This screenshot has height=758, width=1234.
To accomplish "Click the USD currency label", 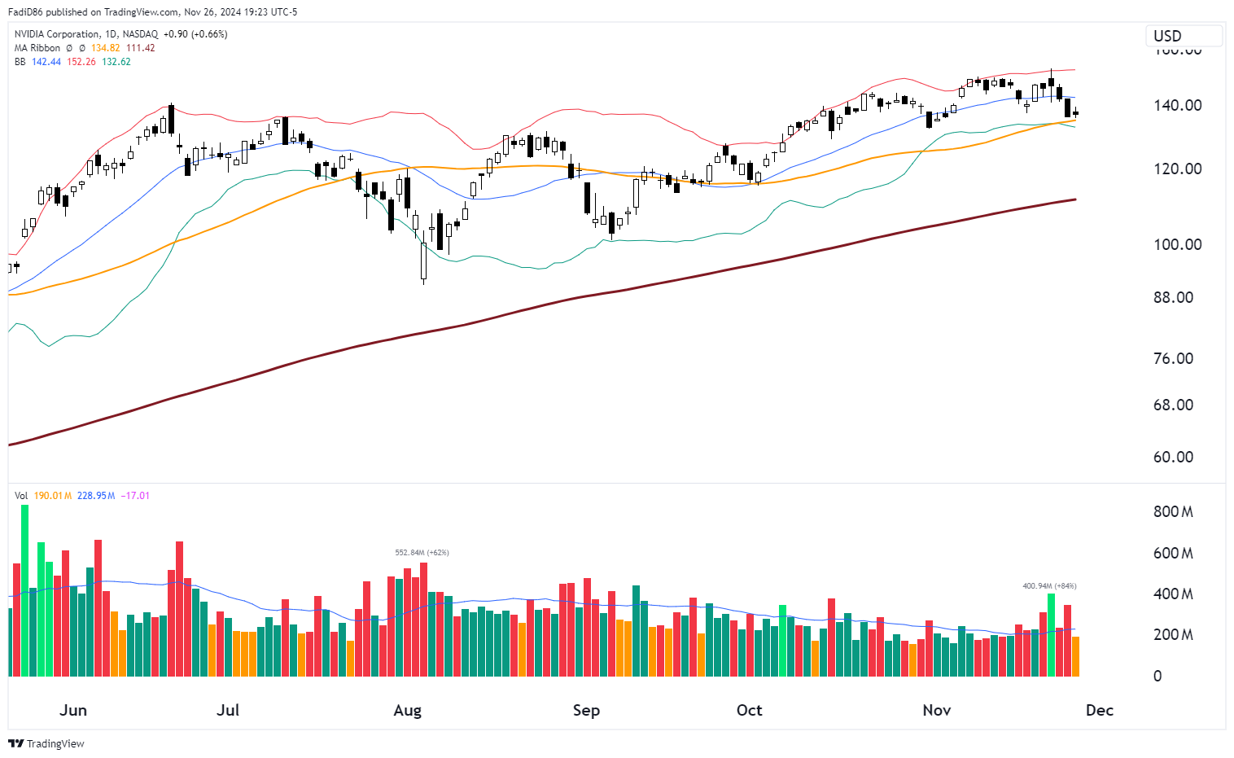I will [1167, 36].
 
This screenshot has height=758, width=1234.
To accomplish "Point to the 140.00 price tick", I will [1177, 105].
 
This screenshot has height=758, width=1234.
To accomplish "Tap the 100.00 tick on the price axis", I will [1177, 244].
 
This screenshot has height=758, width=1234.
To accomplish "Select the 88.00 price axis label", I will [1173, 297].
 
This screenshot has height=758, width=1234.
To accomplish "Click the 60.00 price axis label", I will [1173, 457].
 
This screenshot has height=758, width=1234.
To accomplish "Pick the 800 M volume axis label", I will [1173, 511].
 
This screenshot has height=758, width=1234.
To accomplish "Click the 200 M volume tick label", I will [1173, 634].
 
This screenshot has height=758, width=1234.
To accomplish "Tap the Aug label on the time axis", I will [407, 710].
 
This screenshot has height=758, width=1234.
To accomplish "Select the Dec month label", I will [1099, 710].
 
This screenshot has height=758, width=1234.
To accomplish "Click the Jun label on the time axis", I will [73, 710].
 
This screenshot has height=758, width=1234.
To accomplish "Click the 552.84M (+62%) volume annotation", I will [422, 553].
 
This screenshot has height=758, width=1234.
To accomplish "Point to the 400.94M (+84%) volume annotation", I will [1049, 586].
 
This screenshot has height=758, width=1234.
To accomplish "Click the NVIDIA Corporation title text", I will [56, 34].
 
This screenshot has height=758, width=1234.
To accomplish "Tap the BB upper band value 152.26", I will [81, 62].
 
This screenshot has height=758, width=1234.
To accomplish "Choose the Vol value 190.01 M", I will [53, 496].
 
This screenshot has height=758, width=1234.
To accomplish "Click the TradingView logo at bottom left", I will [46, 743].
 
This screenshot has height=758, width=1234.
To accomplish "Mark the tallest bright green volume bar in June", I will [24, 590].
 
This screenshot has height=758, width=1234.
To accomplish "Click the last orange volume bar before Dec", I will [1075, 656].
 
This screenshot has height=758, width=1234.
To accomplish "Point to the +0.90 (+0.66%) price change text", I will [195, 34].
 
